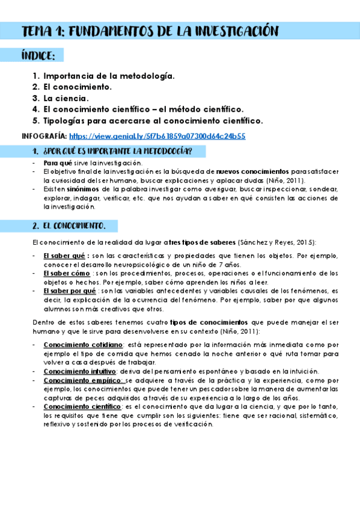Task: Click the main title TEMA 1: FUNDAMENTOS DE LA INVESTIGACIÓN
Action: tap(150, 31)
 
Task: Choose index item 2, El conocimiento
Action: tap(78, 87)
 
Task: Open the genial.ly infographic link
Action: tap(157, 136)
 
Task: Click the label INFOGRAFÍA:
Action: tap(44, 136)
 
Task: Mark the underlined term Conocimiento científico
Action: tap(82, 407)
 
